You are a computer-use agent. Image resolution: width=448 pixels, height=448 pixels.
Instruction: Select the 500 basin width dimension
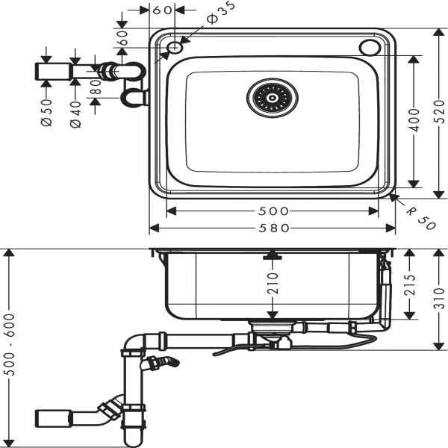point(273,211)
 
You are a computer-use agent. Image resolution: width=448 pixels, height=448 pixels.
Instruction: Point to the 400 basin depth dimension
point(414,119)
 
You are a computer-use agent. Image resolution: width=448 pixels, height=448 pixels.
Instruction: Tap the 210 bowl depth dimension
point(273,284)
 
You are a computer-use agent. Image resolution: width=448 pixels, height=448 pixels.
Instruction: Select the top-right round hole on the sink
point(370,48)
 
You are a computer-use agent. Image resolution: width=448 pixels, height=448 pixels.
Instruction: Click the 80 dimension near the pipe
point(95,88)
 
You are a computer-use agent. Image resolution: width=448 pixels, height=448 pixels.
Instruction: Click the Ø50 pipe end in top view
point(49,72)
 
